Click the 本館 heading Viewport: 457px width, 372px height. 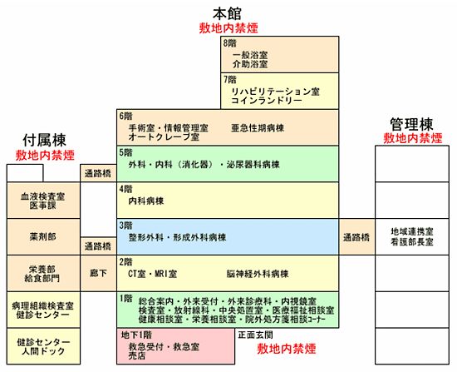pyautogui.click(x=227, y=13)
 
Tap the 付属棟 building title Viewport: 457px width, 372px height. pyautogui.click(x=44, y=140)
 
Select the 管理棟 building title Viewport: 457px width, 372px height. pyautogui.click(x=411, y=124)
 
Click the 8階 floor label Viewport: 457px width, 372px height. pyautogui.click(x=230, y=43)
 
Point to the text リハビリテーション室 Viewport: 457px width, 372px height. pyautogui.click(x=275, y=92)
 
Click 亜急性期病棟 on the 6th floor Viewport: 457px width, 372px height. pyautogui.click(x=258, y=128)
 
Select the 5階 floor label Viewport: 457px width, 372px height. pyautogui.click(x=126, y=152)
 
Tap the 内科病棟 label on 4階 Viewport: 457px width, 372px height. pyautogui.click(x=146, y=201)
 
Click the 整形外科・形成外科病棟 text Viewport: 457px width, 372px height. pyautogui.click(x=177, y=237)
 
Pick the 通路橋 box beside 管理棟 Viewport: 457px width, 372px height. pyautogui.click(x=356, y=237)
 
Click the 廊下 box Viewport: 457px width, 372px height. pyautogui.click(x=98, y=273)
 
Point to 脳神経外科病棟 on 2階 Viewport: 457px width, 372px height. pyautogui.click(x=258, y=274)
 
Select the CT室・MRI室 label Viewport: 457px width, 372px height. pyautogui.click(x=152, y=274)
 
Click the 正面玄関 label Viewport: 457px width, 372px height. pyautogui.click(x=255, y=335)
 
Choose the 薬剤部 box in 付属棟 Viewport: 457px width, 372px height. pyautogui.click(x=43, y=237)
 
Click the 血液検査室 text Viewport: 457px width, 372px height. pyautogui.click(x=43, y=196)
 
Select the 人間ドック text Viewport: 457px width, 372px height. pyautogui.click(x=43, y=351)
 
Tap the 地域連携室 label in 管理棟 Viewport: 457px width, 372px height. pyautogui.click(x=412, y=231)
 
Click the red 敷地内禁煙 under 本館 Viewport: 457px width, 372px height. pyautogui.click(x=228, y=28)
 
